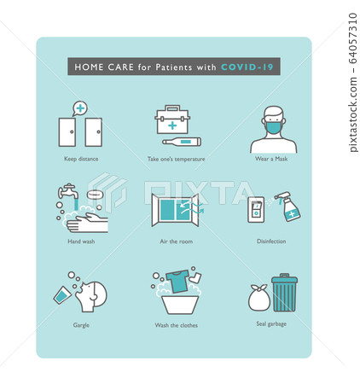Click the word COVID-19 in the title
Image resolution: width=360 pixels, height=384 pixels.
tap(248, 67)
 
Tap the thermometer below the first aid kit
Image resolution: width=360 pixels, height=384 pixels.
tap(180, 143)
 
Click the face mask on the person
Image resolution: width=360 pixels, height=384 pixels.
tap(273, 128)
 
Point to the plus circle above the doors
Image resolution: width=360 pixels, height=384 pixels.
tap(80, 108)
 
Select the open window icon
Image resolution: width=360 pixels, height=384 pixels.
tap(175, 210)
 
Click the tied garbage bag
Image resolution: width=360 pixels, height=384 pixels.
tap(259, 298)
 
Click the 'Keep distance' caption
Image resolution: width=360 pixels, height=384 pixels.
tap(80, 159)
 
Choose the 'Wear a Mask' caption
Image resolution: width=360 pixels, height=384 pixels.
tap(271, 159)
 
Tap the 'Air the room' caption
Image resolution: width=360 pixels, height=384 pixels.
tap(176, 241)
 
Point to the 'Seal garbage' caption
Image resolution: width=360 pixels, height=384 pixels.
tap(271, 324)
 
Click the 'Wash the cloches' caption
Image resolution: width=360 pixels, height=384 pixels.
tap(176, 324)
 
